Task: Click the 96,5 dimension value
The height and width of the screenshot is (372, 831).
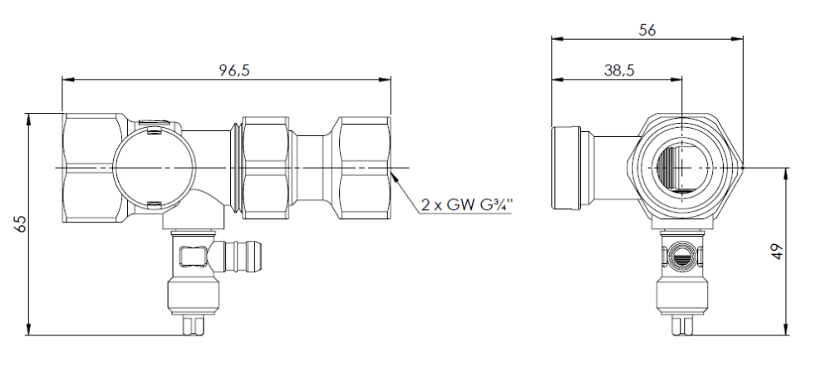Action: point(234,70)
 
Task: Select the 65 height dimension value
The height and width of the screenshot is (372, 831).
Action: point(20,223)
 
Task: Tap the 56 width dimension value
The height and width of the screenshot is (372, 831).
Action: point(647,30)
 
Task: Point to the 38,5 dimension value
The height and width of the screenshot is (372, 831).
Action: point(619,70)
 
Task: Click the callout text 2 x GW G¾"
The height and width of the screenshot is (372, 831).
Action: point(467,204)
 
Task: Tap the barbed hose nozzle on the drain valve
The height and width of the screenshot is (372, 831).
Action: point(243,256)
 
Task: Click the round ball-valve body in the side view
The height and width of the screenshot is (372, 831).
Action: point(155,169)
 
